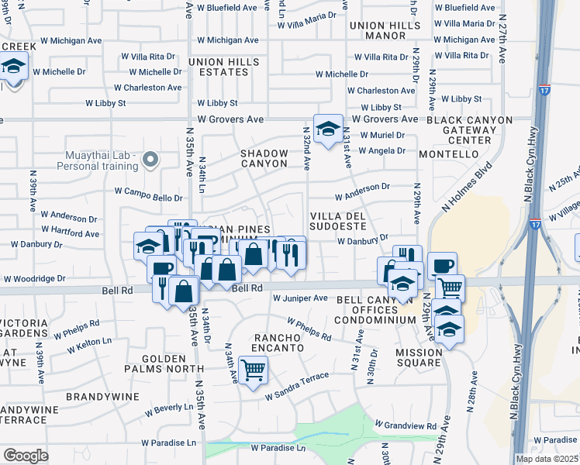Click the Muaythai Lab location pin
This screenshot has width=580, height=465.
151,160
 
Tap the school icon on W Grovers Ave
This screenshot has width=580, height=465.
328,129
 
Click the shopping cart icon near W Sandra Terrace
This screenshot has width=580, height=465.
253,371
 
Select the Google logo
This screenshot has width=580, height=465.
26,456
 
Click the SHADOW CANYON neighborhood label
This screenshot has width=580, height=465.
264,158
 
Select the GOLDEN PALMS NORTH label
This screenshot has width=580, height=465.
164,365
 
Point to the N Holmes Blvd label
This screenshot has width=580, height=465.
467,187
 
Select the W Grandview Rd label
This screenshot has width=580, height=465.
406,425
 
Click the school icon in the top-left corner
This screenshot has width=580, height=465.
14,67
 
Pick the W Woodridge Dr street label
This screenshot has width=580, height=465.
40,278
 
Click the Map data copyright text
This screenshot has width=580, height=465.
547,459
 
